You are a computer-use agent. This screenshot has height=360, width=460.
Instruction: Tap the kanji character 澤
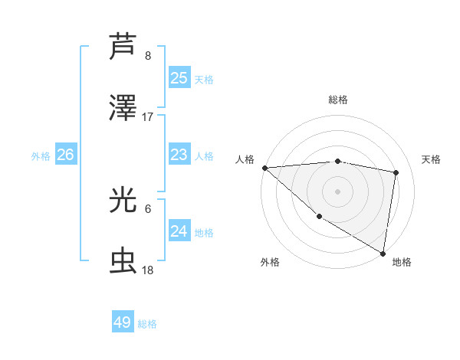pyautogui.click(x=123, y=108)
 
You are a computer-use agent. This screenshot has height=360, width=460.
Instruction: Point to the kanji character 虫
pyautogui.click(x=123, y=261)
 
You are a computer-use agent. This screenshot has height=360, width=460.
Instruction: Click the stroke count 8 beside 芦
pyautogui.click(x=148, y=55)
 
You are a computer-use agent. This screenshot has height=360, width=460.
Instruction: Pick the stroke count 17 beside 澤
pyautogui.click(x=148, y=117)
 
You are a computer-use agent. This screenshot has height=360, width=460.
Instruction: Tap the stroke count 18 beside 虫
pyautogui.click(x=148, y=270)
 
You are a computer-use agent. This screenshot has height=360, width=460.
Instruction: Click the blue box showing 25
pyautogui.click(x=179, y=77)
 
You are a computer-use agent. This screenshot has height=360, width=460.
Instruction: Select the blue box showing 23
pyautogui.click(x=179, y=155)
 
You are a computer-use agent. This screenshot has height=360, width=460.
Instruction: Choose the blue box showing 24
pyautogui.click(x=179, y=231)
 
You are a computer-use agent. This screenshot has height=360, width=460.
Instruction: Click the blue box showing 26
pyautogui.click(x=65, y=155)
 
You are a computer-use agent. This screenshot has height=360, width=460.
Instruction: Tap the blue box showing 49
pyautogui.click(x=122, y=322)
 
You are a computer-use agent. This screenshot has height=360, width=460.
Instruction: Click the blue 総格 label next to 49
pyautogui.click(x=147, y=324)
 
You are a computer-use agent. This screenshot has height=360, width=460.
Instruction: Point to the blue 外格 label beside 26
pyautogui.click(x=41, y=156)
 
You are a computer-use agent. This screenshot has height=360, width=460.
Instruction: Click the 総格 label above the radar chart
pyautogui.click(x=338, y=100)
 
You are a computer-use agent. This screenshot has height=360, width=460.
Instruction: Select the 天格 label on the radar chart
pyautogui.click(x=431, y=159)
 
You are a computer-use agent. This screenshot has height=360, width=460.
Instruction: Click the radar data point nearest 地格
pyautogui.click(x=383, y=253)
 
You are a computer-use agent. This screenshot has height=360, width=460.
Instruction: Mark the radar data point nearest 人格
pyautogui.click(x=264, y=168)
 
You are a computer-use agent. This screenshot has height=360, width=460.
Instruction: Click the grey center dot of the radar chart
pyautogui.click(x=338, y=191)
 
